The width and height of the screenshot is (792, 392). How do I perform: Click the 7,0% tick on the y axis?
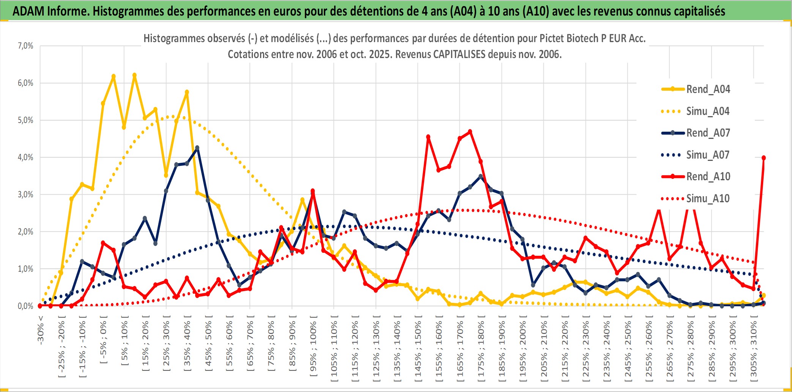pyautogui.click(x=25, y=46)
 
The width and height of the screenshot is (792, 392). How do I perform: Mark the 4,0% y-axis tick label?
pyautogui.click(x=25, y=157)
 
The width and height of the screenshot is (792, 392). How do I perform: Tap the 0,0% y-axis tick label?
pyautogui.click(x=25, y=306)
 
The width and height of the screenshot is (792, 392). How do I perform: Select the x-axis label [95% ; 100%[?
pyautogui.click(x=313, y=349)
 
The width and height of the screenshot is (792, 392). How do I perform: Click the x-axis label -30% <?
pyautogui.click(x=41, y=330)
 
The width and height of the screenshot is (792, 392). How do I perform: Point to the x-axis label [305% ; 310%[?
pyautogui.click(x=754, y=349)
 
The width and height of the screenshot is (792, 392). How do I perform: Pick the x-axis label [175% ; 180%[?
pyautogui.click(x=481, y=349)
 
